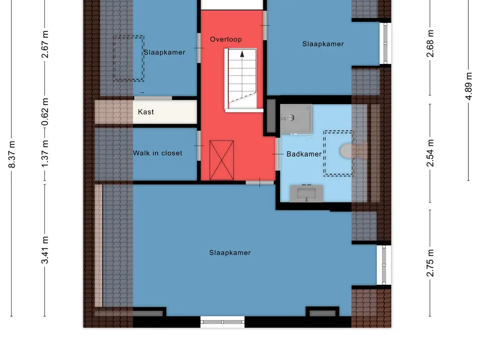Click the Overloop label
click(x=226, y=39)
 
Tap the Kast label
click(x=146, y=112)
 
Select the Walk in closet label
click(x=157, y=153)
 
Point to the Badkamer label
click(x=304, y=154)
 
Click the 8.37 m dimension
click(x=12, y=154)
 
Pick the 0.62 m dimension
click(x=45, y=112)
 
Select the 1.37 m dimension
click(x=45, y=154)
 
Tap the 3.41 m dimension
click(x=45, y=250)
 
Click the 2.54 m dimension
click(x=430, y=153)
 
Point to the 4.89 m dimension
click(x=469, y=86)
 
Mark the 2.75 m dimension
click(x=430, y=263)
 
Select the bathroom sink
click(x=307, y=193)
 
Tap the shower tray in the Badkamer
click(x=296, y=119)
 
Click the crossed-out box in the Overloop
click(x=222, y=160)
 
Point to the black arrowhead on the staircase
click(x=242, y=54)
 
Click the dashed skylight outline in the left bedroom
click(x=128, y=58)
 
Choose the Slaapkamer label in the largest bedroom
click(x=230, y=253)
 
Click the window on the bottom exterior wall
click(x=223, y=322)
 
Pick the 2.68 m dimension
click(x=430, y=44)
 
